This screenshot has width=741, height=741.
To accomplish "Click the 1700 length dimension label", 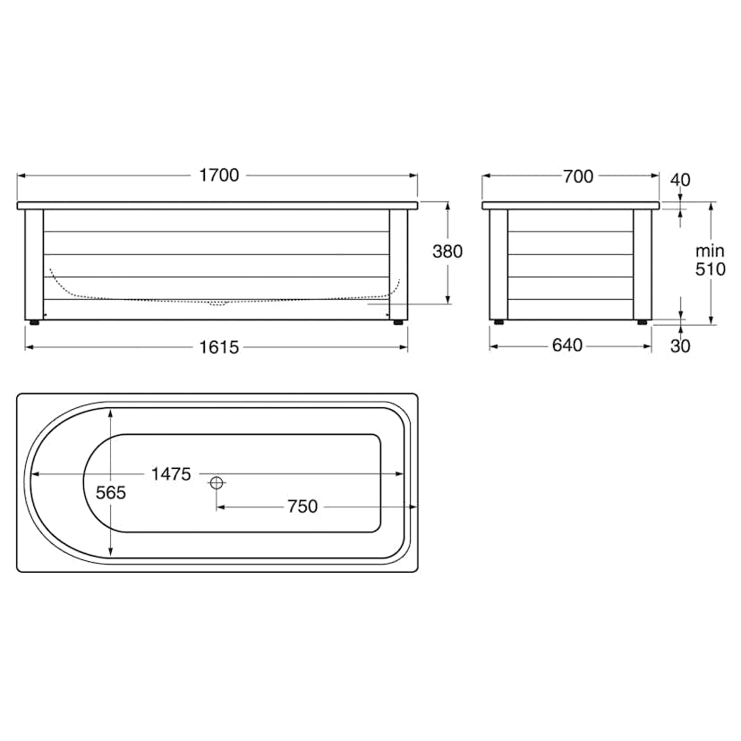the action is coord(218,175).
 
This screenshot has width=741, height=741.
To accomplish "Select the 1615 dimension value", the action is coord(218,347).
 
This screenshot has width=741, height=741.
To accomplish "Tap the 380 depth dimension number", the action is coord(447,251).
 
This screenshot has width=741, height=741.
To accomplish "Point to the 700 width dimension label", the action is coord(578,176).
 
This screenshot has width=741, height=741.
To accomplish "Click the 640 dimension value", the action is coord(567,345).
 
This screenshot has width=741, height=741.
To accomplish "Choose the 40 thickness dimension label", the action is coord(680,180).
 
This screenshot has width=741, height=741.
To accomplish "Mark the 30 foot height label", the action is coord(680,346).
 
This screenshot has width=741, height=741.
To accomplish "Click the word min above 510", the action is coord(710,251).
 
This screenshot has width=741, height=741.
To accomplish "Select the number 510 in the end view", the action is coord(711,269).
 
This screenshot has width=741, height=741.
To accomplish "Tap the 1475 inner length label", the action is coord(171,474).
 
